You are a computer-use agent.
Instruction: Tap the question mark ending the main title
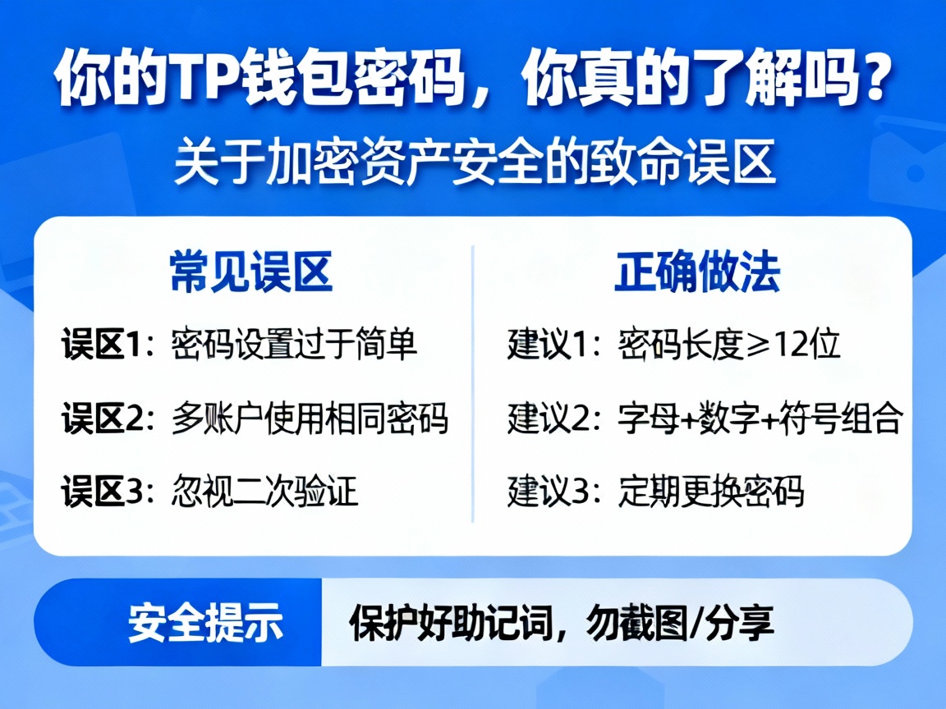point(872,80)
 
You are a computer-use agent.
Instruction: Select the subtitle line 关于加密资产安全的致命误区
point(474,164)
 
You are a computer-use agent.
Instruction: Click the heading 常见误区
point(251,272)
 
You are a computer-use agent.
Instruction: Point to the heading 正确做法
point(697,272)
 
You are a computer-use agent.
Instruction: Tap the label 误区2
point(103,419)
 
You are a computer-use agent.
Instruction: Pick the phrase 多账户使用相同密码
point(310,419)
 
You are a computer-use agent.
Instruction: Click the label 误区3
point(103,492)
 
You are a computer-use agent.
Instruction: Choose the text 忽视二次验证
point(265,492)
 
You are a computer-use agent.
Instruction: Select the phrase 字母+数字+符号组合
point(760,419)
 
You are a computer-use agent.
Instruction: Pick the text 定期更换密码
point(711,492)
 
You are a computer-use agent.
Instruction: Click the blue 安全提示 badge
point(204,623)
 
